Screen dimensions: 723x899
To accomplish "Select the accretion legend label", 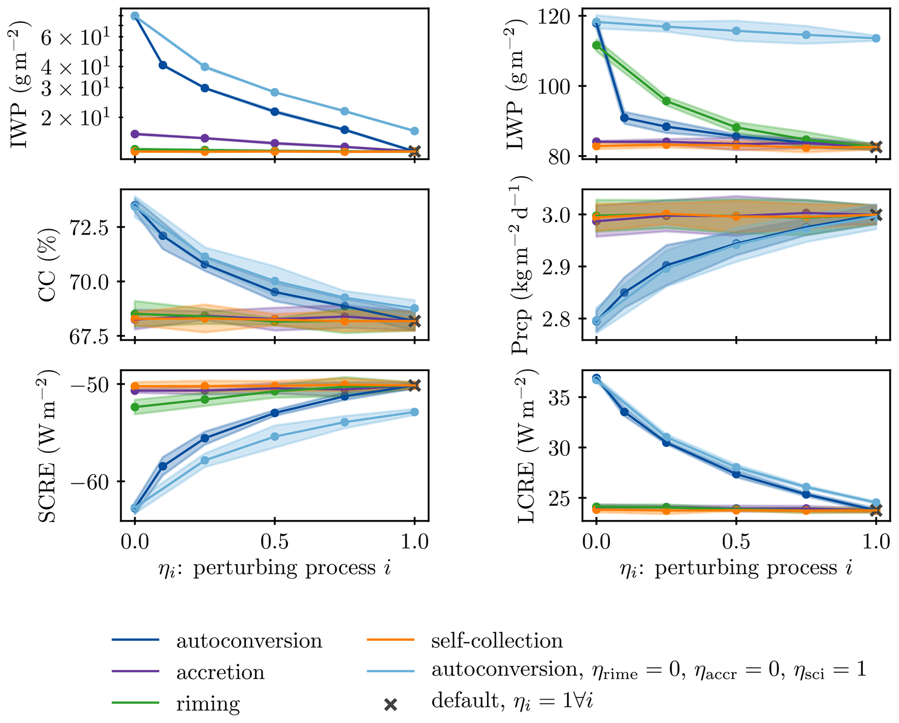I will coord(220,672).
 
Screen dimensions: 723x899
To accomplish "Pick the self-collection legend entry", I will coord(497,641).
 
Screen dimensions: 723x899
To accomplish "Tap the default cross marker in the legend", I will coord(391,704).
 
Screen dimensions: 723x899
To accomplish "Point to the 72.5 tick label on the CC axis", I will coord(89,227).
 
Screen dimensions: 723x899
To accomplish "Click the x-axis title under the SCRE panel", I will coord(274,568).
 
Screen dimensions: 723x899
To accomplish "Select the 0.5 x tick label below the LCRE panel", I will coord(736,542).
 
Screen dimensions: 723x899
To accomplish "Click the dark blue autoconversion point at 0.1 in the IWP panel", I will coord(163,65).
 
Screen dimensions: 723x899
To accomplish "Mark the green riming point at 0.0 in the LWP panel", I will coord(596,45).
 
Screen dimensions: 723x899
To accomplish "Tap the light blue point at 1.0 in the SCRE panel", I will coord(414,412).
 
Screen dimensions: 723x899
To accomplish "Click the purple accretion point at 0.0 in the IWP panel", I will coord(135,134).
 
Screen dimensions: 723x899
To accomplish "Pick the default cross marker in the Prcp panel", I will coord(876,215).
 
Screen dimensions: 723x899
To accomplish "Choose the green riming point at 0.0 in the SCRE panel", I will coord(135,407).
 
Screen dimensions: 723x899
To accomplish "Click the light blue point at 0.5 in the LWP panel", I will coord(736,31).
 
